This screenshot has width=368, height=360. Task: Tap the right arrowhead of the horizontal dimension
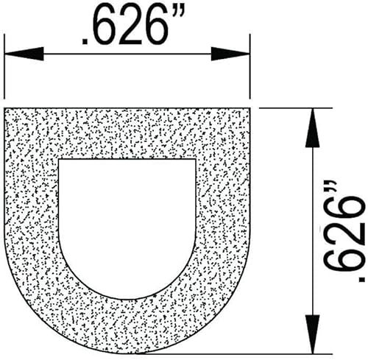233,54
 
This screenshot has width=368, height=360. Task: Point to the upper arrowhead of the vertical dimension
313,122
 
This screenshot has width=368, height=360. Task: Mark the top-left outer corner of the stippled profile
6,108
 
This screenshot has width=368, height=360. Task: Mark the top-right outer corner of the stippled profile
250,108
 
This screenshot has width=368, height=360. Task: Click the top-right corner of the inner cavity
196,159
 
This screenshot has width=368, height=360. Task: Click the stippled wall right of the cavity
222,213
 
